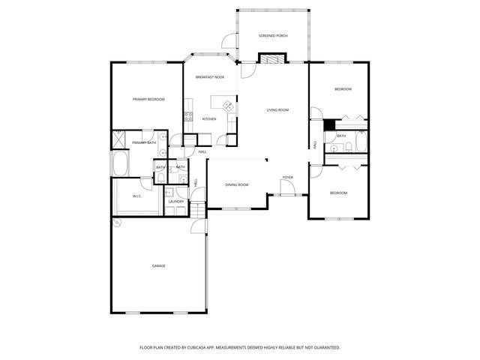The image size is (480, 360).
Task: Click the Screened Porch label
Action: (273, 35)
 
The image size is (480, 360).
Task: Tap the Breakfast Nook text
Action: (210, 77)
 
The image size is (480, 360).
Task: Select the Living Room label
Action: (277, 110)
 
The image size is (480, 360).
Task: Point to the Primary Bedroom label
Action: (148, 99)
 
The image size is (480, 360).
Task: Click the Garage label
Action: (159, 265)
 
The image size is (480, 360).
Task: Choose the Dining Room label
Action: (237, 184)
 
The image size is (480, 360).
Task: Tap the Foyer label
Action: (287, 178)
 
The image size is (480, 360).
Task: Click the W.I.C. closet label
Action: (137, 196)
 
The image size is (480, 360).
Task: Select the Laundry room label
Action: (176, 201)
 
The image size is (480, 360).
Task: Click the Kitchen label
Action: (209, 118)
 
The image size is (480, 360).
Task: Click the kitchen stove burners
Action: (187, 116)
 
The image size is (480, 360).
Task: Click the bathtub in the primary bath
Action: (120, 163)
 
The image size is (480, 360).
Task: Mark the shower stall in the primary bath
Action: (118, 138)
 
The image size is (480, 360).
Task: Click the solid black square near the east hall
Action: (328, 126)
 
